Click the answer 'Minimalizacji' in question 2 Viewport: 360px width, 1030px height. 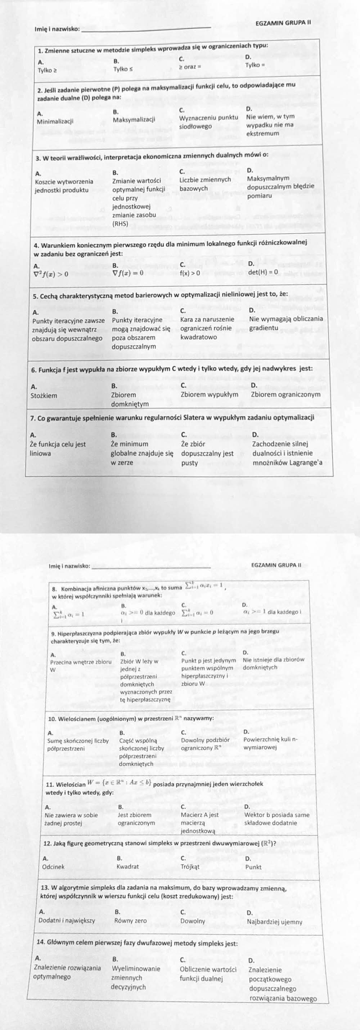coord(55,121)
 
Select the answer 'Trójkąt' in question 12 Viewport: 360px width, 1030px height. coord(190,867)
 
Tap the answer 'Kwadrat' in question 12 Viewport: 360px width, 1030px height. coord(127,867)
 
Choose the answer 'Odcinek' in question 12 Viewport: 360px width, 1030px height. coord(53,867)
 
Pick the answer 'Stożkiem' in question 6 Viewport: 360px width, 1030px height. coord(44,396)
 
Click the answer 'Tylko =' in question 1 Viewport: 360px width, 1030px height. coord(255,65)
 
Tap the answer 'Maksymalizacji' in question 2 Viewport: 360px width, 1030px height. coord(134,119)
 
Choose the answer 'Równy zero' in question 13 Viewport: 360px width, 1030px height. coord(130,921)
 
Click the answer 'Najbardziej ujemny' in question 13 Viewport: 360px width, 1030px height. coord(274,922)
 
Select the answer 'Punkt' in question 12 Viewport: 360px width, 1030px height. coord(253,867)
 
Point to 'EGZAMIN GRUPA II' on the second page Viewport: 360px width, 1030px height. coord(276,565)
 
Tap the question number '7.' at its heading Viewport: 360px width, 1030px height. coord(34,418)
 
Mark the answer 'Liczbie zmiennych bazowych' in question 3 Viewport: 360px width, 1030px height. coord(205,184)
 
